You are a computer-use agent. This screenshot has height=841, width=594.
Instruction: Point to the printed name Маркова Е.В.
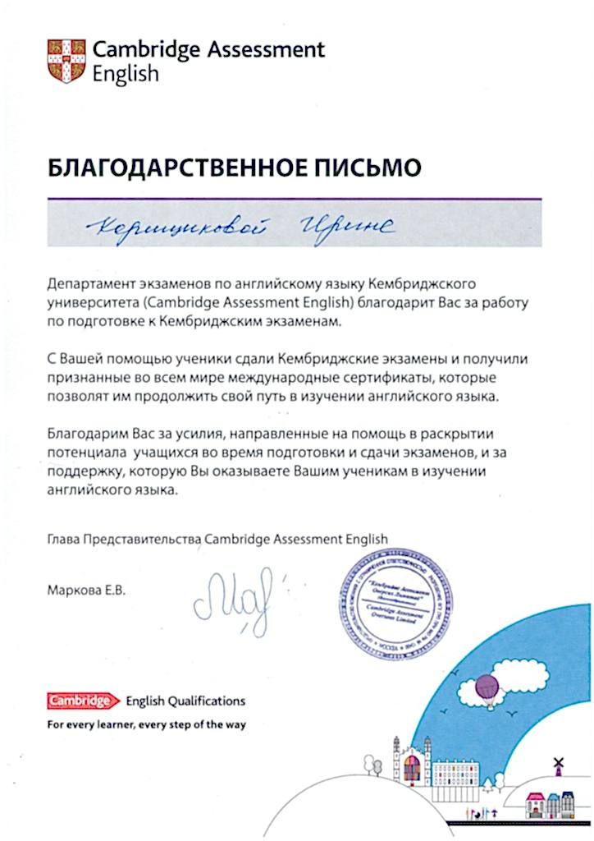click(x=89, y=590)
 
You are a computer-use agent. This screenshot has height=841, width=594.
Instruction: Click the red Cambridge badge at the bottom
click(x=79, y=701)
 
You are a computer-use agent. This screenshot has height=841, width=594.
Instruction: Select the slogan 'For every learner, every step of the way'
click(x=147, y=725)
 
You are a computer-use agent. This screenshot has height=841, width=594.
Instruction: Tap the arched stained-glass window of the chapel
click(x=413, y=770)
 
